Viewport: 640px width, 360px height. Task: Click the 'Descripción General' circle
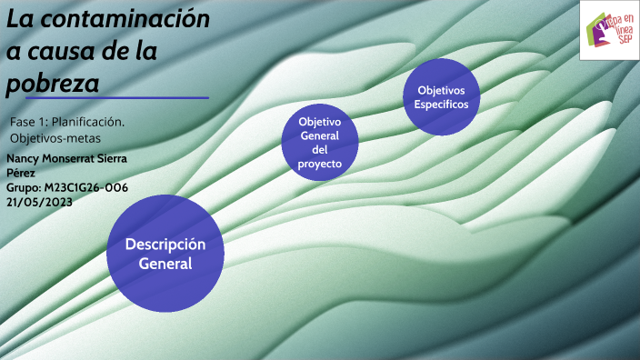[x=165, y=254]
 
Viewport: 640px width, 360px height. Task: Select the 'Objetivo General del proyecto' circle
[x=320, y=142]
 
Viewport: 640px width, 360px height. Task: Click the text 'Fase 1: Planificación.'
[x=67, y=122]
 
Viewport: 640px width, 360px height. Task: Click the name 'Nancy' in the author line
[x=24, y=158]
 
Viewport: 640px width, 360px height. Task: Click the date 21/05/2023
[x=39, y=202]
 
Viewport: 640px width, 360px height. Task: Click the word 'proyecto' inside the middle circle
[x=320, y=165]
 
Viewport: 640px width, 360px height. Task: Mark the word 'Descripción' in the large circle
[x=165, y=245]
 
